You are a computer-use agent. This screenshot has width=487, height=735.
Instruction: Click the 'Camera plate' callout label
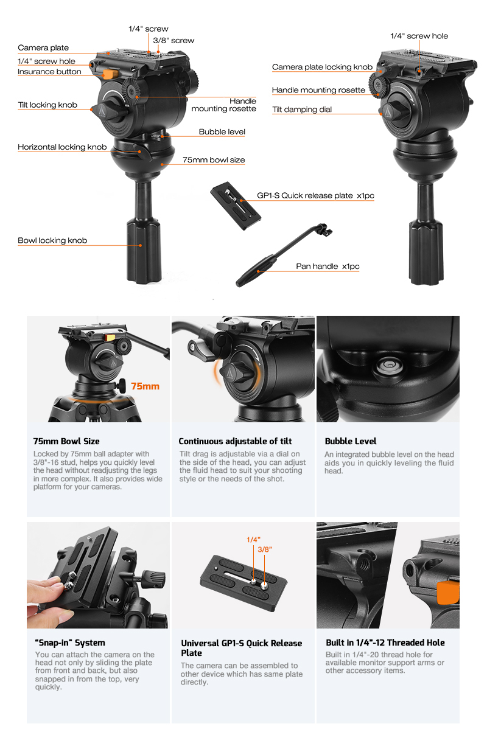click(x=43, y=48)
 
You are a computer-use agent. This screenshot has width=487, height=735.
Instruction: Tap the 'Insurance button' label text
click(x=49, y=72)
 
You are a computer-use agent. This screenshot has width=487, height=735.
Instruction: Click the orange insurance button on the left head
click(x=110, y=74)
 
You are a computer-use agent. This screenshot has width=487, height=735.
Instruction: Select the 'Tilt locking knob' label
click(x=47, y=105)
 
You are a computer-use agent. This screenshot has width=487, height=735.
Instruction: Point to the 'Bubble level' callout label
click(x=222, y=132)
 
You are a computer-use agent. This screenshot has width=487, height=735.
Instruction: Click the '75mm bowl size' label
click(x=214, y=160)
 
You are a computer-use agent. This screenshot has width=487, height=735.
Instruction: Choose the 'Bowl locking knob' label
click(x=52, y=240)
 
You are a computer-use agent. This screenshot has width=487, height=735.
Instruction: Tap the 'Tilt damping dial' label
click(x=302, y=110)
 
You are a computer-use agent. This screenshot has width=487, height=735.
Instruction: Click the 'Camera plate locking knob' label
click(x=323, y=67)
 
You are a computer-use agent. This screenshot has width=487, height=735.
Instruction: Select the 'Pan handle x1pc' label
click(x=328, y=266)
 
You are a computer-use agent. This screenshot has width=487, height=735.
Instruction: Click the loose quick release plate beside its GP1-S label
click(x=236, y=206)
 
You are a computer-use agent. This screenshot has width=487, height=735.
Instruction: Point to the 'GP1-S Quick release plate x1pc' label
click(x=315, y=195)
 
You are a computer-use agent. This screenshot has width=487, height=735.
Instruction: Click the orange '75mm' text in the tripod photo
click(x=145, y=386)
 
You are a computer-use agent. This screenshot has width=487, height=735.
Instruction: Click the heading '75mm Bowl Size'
click(x=66, y=441)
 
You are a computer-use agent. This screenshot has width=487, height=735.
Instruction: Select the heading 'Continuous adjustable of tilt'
click(x=235, y=441)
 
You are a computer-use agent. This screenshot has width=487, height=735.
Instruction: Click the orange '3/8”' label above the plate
click(x=265, y=549)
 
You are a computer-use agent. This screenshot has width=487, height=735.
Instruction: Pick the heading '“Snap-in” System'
click(x=70, y=643)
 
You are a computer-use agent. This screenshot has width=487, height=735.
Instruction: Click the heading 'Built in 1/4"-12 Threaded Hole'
click(x=385, y=643)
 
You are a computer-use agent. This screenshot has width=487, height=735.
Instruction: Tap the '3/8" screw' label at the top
click(x=173, y=41)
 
